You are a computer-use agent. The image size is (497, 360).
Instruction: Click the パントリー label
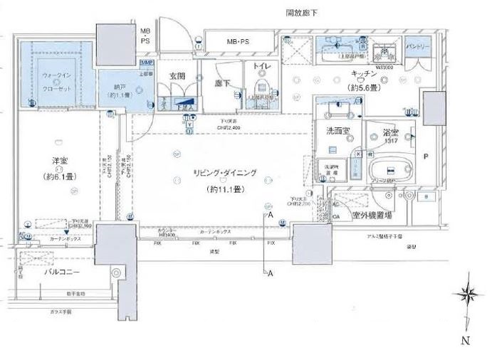coord(418,47)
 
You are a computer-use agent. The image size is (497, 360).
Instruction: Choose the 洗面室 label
coord(337,131)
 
